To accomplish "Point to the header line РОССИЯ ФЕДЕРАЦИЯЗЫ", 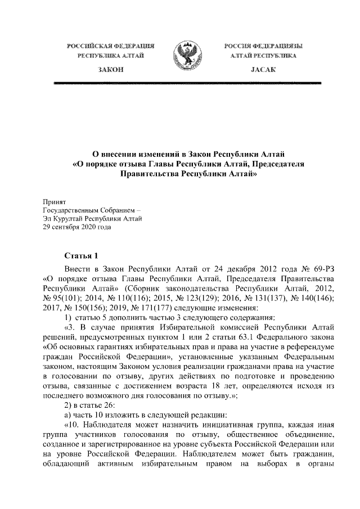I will pyautogui.click(x=263, y=45).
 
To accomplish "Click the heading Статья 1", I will pyautogui.click(x=82, y=254).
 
